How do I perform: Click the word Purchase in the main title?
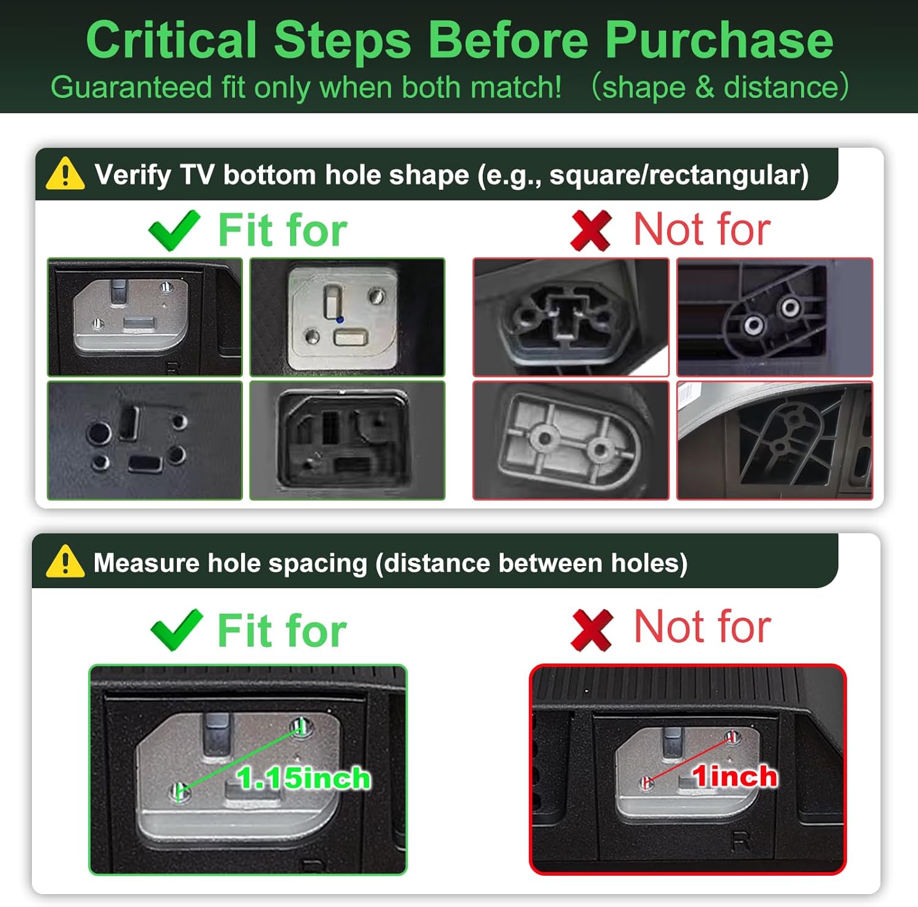pyautogui.click(x=719, y=40)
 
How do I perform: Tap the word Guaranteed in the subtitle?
pyautogui.click(x=131, y=87)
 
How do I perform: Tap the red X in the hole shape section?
pyautogui.click(x=591, y=230)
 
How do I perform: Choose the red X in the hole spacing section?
pyautogui.click(x=591, y=630)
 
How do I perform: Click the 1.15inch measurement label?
pyautogui.click(x=304, y=778)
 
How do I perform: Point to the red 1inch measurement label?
pyautogui.click(x=734, y=776)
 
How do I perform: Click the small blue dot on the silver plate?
pyautogui.click(x=340, y=319)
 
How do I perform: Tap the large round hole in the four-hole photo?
pyautogui.click(x=99, y=433)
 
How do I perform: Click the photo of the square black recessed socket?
pyautogui.click(x=348, y=441)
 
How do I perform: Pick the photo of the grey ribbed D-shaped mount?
pyautogui.click(x=570, y=441)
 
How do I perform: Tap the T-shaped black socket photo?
pyautogui.click(x=570, y=317)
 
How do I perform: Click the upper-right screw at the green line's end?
pyautogui.click(x=300, y=727)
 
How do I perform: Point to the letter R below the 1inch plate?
pyautogui.click(x=741, y=842)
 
